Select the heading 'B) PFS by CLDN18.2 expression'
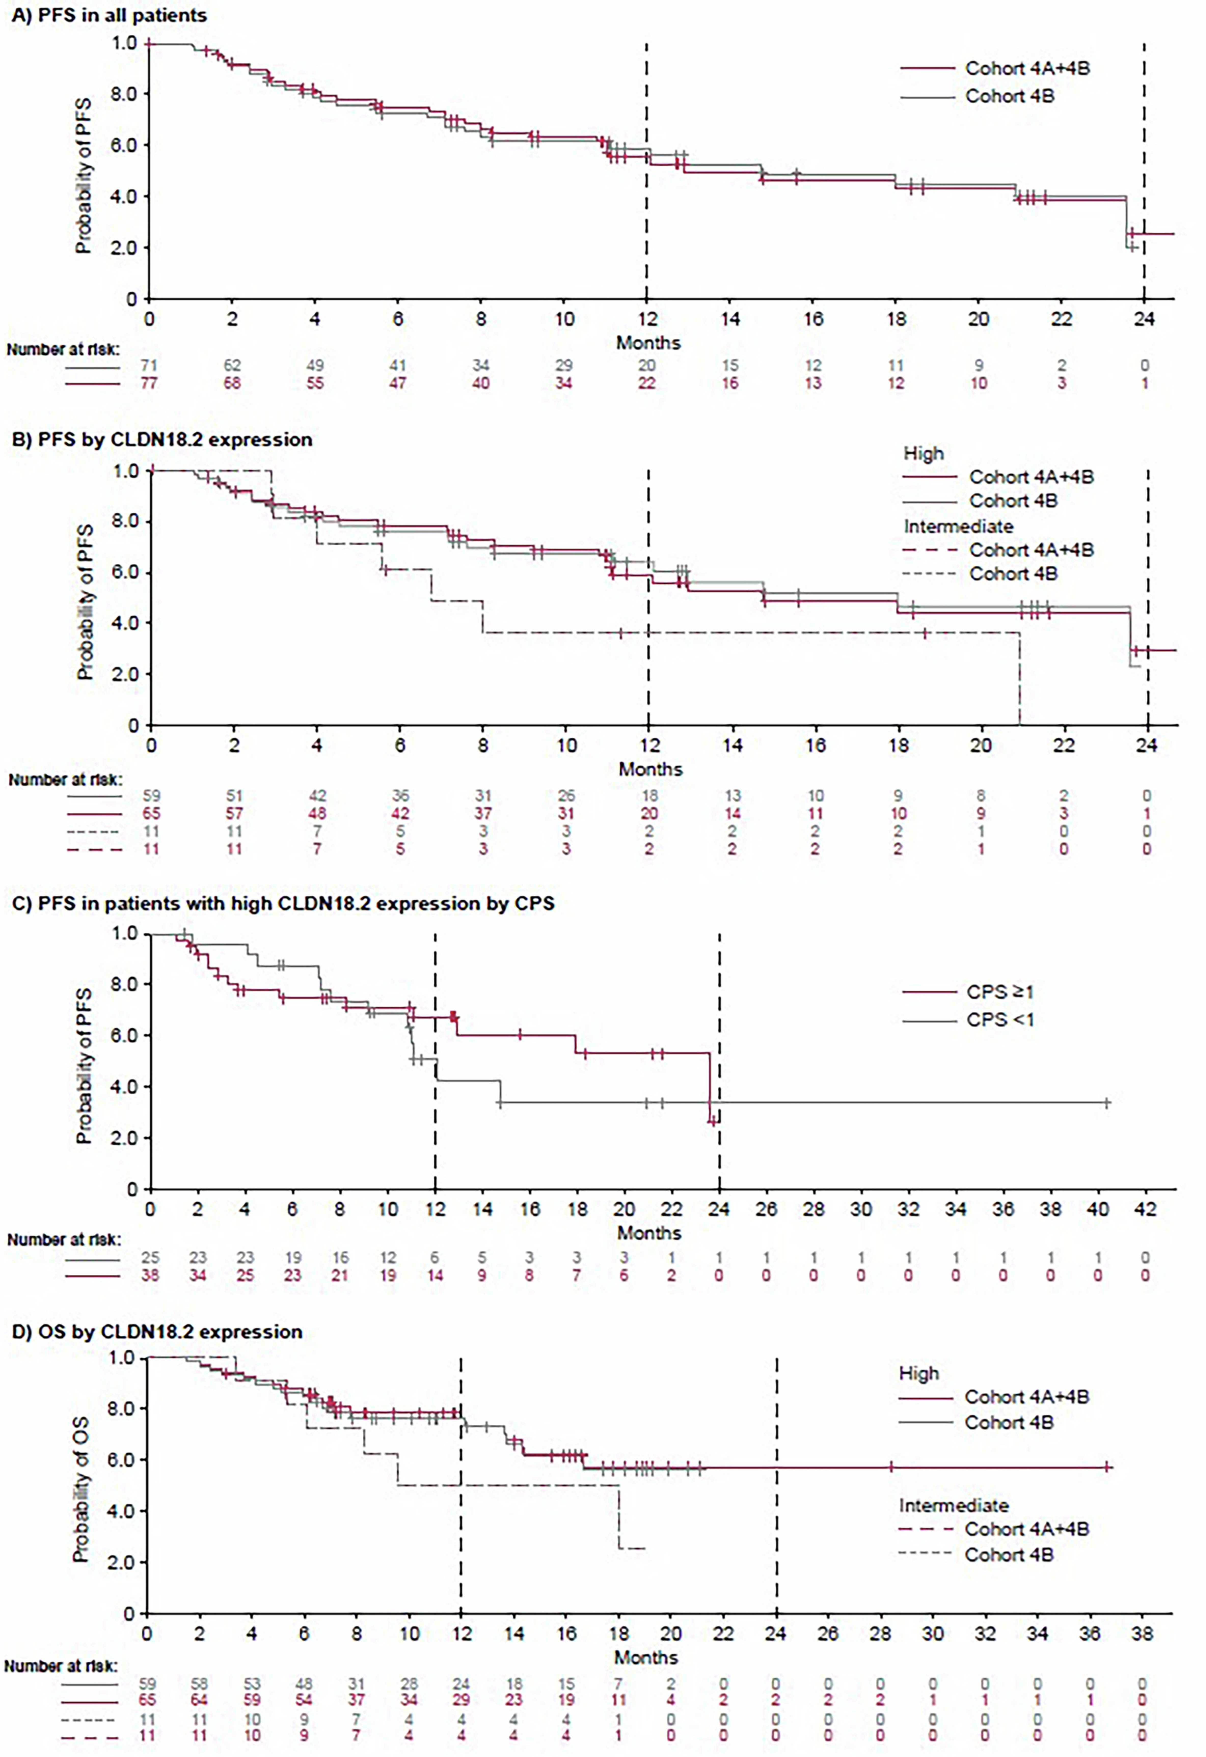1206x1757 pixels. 162,440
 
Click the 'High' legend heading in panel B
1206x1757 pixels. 923,454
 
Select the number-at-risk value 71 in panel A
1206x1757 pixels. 149,366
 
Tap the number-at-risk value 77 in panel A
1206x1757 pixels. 149,383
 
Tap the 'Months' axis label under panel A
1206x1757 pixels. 648,343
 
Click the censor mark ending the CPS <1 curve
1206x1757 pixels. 1107,1103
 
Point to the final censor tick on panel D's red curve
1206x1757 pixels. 1107,1468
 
